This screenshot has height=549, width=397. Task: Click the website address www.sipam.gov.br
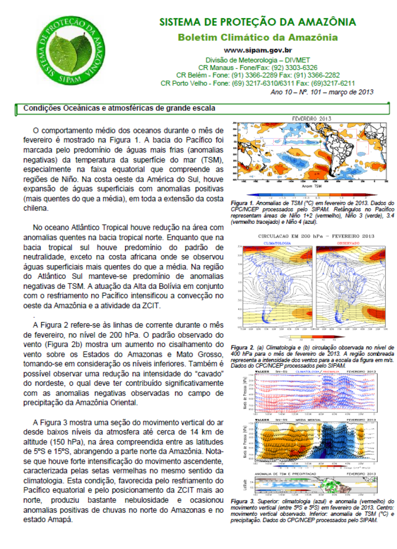point(257,50)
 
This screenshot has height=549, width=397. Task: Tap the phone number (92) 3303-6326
point(294,68)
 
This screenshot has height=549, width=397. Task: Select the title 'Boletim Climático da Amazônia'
point(258,38)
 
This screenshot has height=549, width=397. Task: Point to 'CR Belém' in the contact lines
point(189,75)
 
